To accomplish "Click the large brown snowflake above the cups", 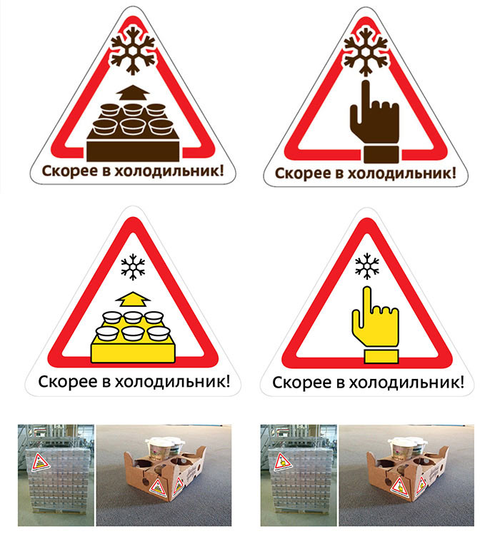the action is pos(133,51).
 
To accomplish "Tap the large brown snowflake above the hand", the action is pos(366,51).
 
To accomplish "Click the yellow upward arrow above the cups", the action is pos(133,299).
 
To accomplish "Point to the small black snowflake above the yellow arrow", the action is pos(133,267).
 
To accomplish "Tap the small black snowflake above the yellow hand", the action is pos(366,266).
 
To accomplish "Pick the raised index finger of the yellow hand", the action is pos(367,301).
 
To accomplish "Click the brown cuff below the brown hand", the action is pos(381,155).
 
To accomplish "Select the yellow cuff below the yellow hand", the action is pos(381,356).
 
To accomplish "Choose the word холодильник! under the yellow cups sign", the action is pos(173,382).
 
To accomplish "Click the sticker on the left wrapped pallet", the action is pos(41,462).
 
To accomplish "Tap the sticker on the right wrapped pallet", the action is pos(283,462).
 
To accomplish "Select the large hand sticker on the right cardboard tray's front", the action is pos(401,487).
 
